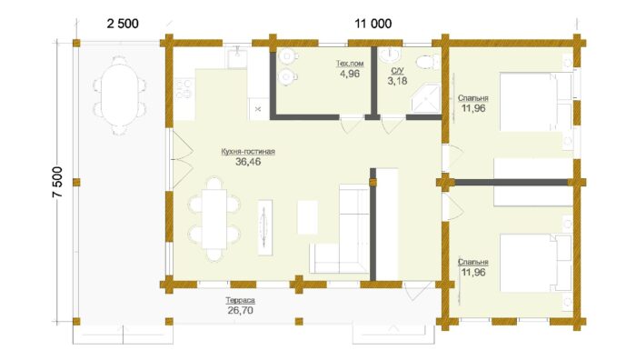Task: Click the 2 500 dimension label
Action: click(x=123, y=24)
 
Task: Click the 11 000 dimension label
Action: click(x=373, y=24)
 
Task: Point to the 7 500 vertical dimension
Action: click(x=57, y=182)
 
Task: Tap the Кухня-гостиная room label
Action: click(x=248, y=152)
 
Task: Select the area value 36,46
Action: click(x=248, y=162)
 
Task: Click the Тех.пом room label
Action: click(x=350, y=64)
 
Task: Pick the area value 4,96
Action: click(x=350, y=74)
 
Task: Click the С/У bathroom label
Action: click(x=397, y=71)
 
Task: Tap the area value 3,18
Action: click(x=397, y=81)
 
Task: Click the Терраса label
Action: click(x=240, y=300)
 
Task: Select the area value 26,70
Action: click(x=240, y=311)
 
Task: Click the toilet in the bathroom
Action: click(x=428, y=62)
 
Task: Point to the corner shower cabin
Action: click(x=425, y=98)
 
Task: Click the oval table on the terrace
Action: click(x=119, y=95)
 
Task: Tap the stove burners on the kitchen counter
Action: click(x=184, y=89)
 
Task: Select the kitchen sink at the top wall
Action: click(x=237, y=57)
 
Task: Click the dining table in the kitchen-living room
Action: click(x=214, y=219)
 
